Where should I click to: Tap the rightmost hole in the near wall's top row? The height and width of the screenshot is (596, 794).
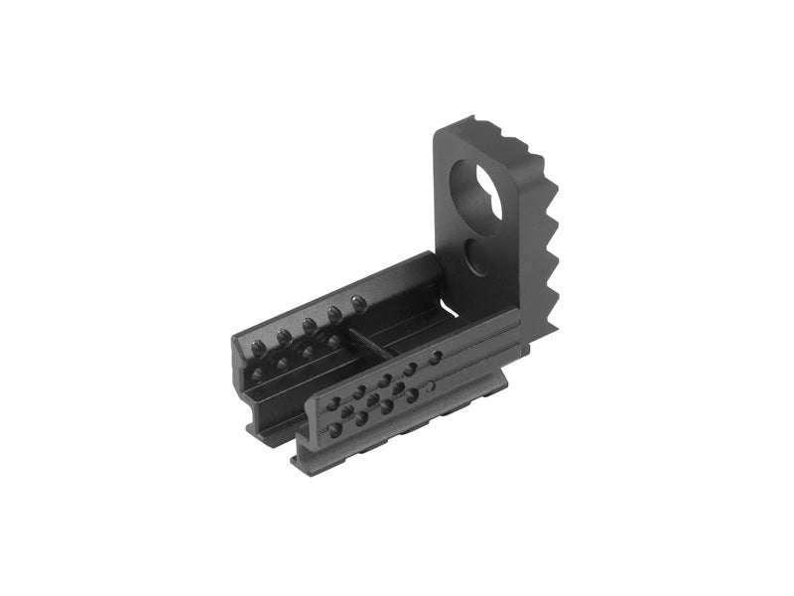[x=435, y=356]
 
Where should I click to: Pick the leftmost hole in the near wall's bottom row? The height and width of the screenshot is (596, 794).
[x=335, y=429]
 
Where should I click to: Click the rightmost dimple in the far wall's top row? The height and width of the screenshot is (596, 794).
[x=358, y=302]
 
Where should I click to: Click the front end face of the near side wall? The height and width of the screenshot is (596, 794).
[x=311, y=437]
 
